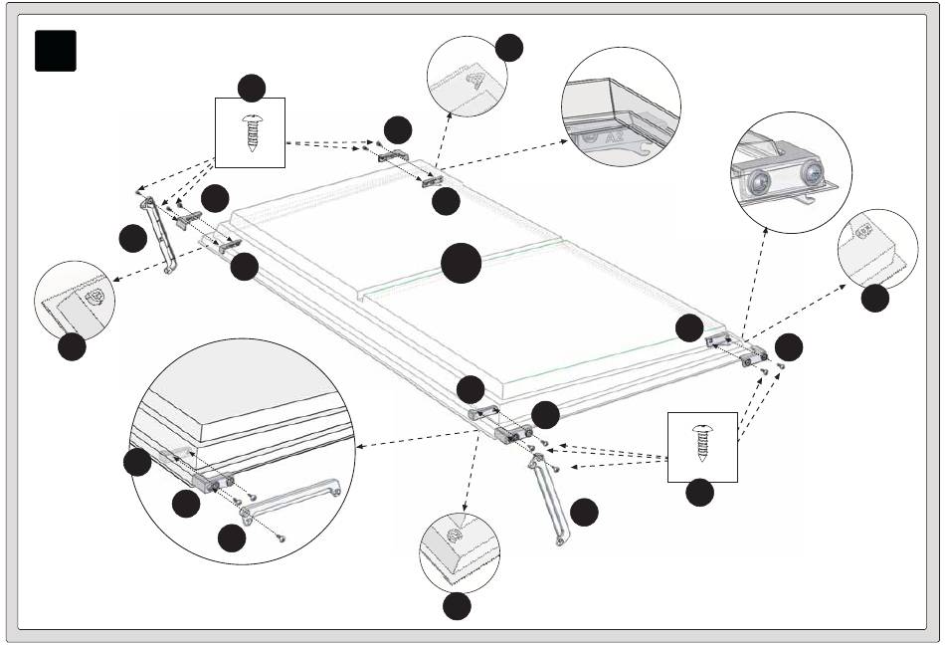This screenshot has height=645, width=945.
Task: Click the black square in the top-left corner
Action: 56,50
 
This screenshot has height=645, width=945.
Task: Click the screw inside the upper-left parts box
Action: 251,131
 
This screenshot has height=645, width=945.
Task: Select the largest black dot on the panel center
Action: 462,264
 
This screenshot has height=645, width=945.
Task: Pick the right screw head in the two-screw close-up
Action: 814,174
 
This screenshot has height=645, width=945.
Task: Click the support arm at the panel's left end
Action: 158,236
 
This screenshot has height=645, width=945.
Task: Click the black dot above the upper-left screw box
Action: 252,88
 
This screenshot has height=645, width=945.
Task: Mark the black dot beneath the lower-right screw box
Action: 700,492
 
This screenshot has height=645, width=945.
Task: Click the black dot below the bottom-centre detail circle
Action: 458,606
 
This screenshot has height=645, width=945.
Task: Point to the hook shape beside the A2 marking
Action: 648,149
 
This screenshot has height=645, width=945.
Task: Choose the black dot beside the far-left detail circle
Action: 72,347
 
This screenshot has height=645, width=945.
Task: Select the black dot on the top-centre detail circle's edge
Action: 509,46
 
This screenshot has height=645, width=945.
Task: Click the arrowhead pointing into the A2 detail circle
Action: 574,140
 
